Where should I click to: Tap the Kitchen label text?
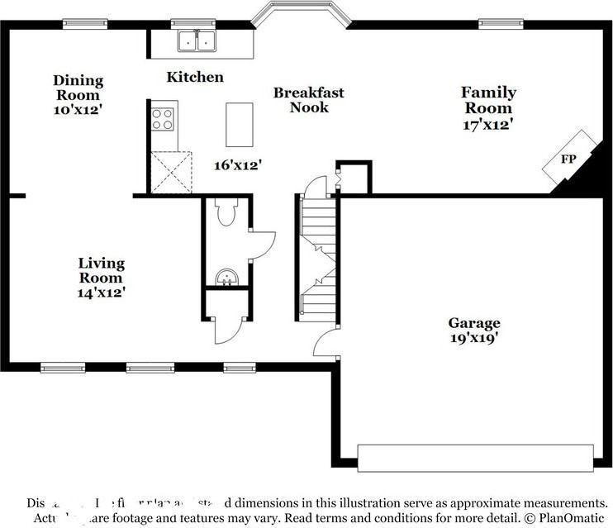(x=195, y=77)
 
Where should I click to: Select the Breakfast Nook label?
(x=308, y=100)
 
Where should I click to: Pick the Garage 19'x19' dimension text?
(x=474, y=338)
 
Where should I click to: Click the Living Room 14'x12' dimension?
(x=102, y=291)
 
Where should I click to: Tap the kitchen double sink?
(x=197, y=40)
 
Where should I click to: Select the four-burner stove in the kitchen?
(x=164, y=119)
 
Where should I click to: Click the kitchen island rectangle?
(x=239, y=124)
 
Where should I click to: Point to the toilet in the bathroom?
(x=226, y=214)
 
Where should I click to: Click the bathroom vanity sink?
(x=225, y=278)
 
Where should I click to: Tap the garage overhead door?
(x=475, y=457)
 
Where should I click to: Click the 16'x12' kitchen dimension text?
(x=238, y=164)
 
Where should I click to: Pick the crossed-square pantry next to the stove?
(x=172, y=172)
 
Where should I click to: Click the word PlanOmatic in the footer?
(x=569, y=517)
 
